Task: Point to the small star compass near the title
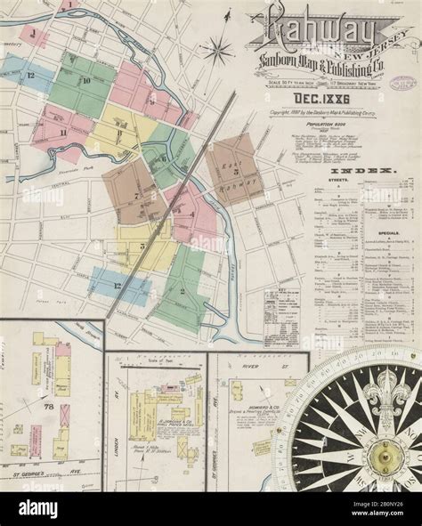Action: point(217,50)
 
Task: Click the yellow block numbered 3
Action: point(142,245)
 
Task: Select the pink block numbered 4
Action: point(191,214)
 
